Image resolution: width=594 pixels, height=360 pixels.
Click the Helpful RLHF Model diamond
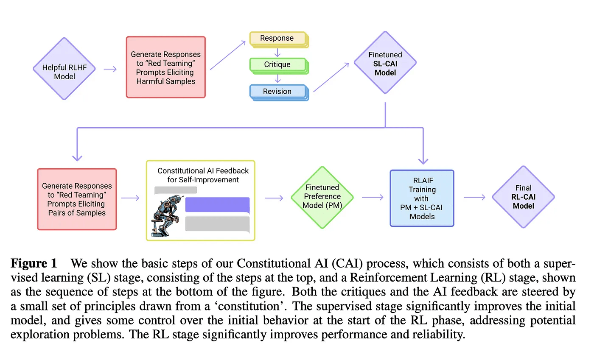[64, 69]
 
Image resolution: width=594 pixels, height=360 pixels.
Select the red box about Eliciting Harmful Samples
[165, 67]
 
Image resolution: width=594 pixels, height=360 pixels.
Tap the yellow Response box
[277, 39]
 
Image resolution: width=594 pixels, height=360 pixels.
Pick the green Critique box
[277, 64]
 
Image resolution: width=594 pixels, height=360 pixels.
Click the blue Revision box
[277, 91]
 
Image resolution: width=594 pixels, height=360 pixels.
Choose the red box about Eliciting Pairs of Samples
[77, 199]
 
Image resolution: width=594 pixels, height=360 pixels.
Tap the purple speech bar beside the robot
[217, 205]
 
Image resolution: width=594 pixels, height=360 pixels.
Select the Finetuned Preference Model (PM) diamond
[322, 197]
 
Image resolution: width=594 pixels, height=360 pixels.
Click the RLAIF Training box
[422, 198]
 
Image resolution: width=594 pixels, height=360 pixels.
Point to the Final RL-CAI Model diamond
[523, 197]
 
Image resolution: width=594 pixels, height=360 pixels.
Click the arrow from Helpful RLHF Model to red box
[110, 69]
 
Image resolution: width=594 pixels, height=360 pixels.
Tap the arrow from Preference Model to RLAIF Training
[373, 197]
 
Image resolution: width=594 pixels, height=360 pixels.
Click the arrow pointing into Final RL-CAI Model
[474, 197]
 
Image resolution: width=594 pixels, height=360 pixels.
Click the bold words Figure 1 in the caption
[34, 263]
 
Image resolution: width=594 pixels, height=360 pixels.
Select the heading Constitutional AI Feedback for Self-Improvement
[203, 175]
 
